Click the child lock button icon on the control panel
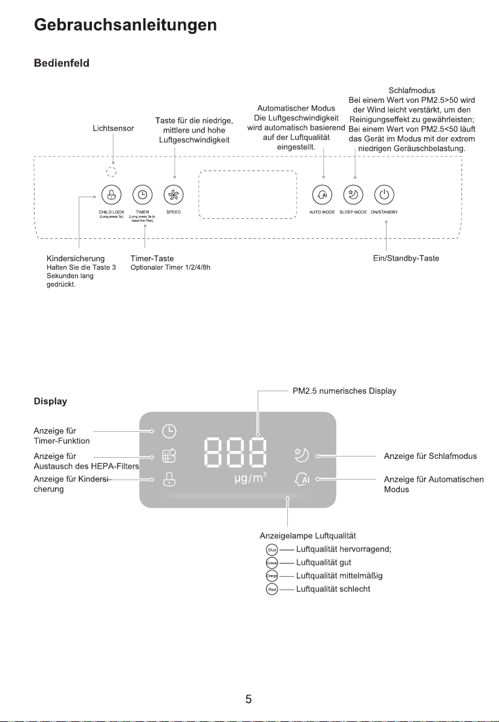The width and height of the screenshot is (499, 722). (111, 195)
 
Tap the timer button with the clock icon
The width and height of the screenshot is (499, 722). (142, 195)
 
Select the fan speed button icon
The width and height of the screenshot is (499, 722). (174, 195)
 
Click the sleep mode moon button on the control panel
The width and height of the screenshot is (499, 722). (352, 195)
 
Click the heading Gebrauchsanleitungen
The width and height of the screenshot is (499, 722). (125, 25)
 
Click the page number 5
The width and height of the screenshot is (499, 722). (249, 700)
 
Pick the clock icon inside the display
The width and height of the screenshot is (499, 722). (170, 431)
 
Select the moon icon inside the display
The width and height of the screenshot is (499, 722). (301, 455)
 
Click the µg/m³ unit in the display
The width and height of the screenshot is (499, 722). (250, 480)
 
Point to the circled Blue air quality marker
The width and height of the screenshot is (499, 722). (272, 550)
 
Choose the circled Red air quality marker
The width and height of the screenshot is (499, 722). (272, 589)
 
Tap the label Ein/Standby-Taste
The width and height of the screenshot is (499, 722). (406, 258)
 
